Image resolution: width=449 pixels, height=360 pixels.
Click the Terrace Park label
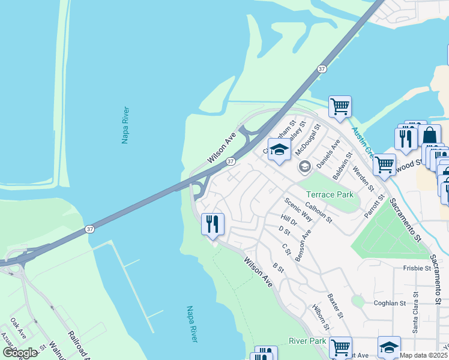click(x=330, y=194)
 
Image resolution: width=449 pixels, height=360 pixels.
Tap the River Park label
click(x=307, y=341)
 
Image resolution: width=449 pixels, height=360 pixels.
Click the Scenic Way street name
click(x=298, y=209)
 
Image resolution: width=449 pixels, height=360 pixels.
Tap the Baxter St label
click(x=336, y=306)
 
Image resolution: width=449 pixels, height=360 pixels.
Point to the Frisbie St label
click(x=418, y=269)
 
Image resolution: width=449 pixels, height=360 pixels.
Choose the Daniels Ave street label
click(x=329, y=154)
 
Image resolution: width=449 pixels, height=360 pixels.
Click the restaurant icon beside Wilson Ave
click(x=212, y=224)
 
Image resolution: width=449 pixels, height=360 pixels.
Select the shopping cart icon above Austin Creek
click(x=340, y=107)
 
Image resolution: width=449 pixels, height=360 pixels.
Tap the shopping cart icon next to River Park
click(x=340, y=347)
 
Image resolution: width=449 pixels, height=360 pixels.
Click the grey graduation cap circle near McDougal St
click(x=304, y=166)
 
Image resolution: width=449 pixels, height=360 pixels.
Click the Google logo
click(x=20, y=353)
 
